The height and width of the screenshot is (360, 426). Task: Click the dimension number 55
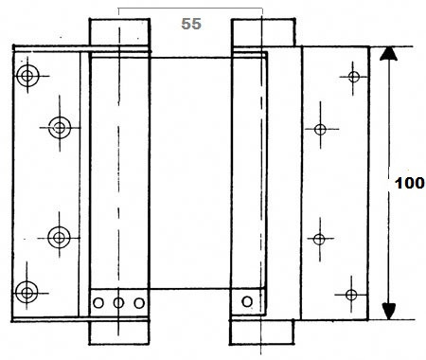[191, 24]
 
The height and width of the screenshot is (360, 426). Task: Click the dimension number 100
[409, 183]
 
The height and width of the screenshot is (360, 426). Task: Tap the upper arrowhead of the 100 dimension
[388, 53]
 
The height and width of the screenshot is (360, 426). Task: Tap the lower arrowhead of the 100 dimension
[388, 311]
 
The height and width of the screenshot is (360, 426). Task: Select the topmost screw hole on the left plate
[27, 76]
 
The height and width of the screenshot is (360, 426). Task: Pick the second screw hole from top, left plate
[60, 128]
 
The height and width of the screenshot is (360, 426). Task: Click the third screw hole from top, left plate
[59, 238]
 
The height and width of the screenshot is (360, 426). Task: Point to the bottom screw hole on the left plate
[27, 293]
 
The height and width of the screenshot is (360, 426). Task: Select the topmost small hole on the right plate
[354, 77]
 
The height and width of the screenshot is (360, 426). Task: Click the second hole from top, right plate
[320, 130]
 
